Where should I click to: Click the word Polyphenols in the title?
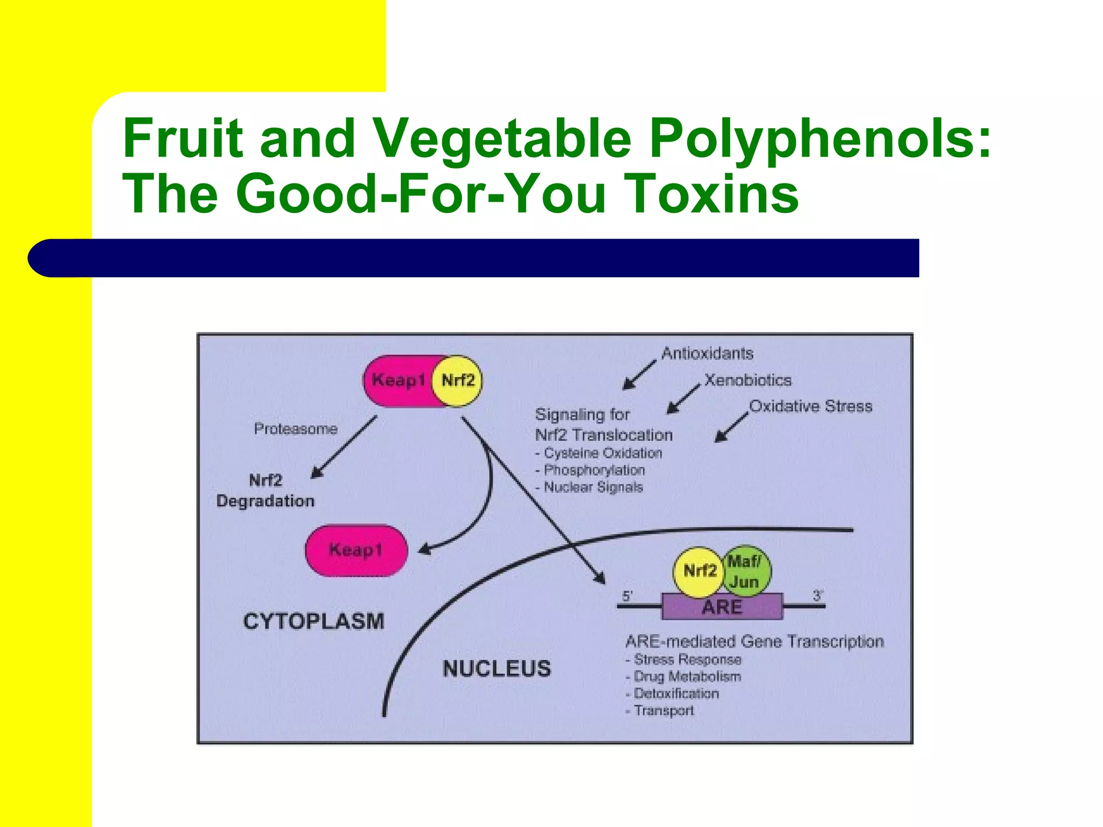(x=819, y=139)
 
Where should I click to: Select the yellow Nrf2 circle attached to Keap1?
(x=458, y=381)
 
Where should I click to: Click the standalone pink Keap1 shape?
(x=356, y=550)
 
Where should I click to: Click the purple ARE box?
(x=722, y=607)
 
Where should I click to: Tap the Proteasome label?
(x=296, y=429)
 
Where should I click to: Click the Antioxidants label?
(x=707, y=354)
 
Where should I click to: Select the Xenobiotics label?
(x=748, y=381)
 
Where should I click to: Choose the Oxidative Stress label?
(x=811, y=407)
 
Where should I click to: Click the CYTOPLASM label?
(x=313, y=621)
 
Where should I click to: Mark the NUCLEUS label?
(x=497, y=669)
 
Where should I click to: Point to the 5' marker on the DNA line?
(x=627, y=596)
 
